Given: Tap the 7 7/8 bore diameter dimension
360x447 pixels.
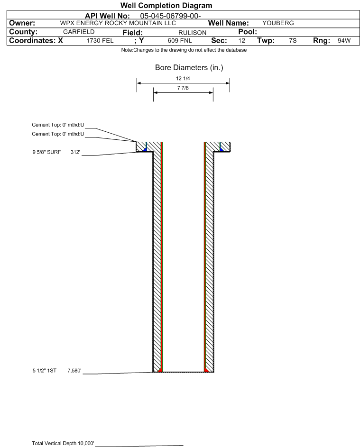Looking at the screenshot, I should point(183,88).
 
